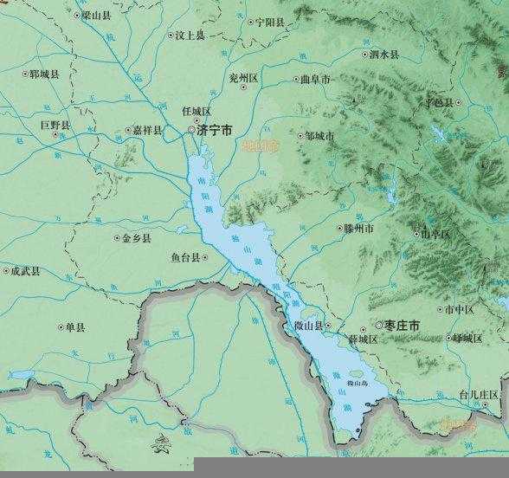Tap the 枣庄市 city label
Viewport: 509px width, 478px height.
point(403,326)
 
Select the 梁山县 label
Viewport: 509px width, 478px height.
point(96,16)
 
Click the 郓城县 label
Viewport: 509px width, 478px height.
point(43,74)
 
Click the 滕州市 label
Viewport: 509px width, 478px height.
point(358,229)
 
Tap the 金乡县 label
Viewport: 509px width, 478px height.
point(137,237)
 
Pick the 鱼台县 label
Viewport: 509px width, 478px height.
point(185,257)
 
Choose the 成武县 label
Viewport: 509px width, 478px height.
point(25,271)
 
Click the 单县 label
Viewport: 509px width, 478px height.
point(75,327)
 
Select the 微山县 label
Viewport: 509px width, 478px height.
point(306,326)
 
